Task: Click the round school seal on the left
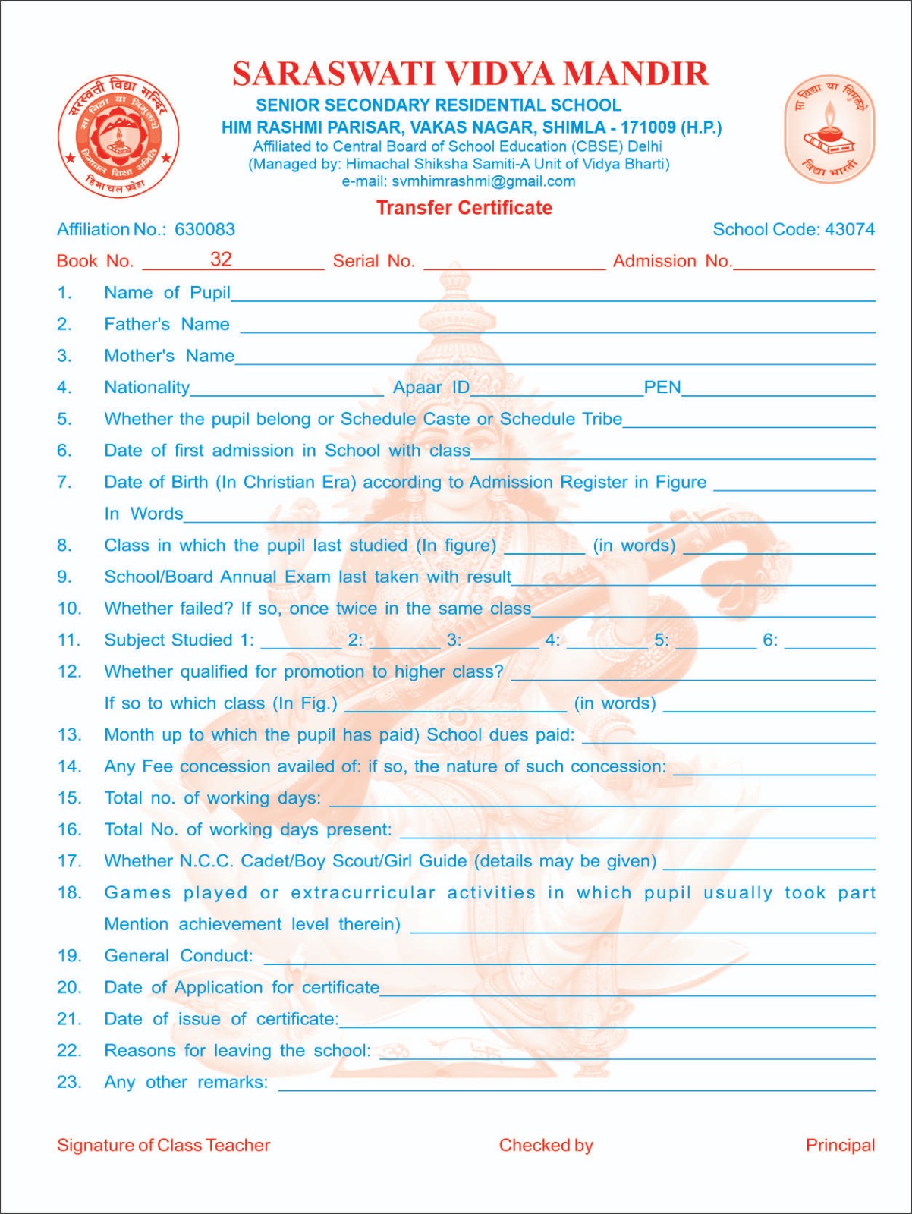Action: pyautogui.click(x=118, y=137)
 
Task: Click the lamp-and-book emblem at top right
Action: pyautogui.click(x=829, y=129)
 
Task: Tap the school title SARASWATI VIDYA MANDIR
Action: pyautogui.click(x=470, y=74)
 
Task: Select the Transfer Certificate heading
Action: pyautogui.click(x=464, y=208)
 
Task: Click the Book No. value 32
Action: pyautogui.click(x=221, y=259)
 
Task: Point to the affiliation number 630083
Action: pyautogui.click(x=205, y=229)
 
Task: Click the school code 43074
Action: pyautogui.click(x=849, y=229)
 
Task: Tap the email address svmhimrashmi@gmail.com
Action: pyautogui.click(x=483, y=181)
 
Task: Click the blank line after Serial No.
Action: pyautogui.click(x=514, y=263)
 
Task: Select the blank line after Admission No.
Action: pyautogui.click(x=804, y=263)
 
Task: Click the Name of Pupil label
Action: pyautogui.click(x=167, y=293)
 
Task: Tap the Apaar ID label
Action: pyautogui.click(x=431, y=388)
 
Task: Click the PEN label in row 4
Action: pyautogui.click(x=662, y=388)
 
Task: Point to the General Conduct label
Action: pyautogui.click(x=178, y=956)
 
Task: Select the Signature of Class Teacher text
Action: pyautogui.click(x=163, y=1145)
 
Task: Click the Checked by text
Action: pyautogui.click(x=546, y=1145)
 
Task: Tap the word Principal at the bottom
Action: pyautogui.click(x=840, y=1145)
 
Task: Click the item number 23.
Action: pyautogui.click(x=68, y=1082)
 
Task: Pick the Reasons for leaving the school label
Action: pyautogui.click(x=237, y=1051)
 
